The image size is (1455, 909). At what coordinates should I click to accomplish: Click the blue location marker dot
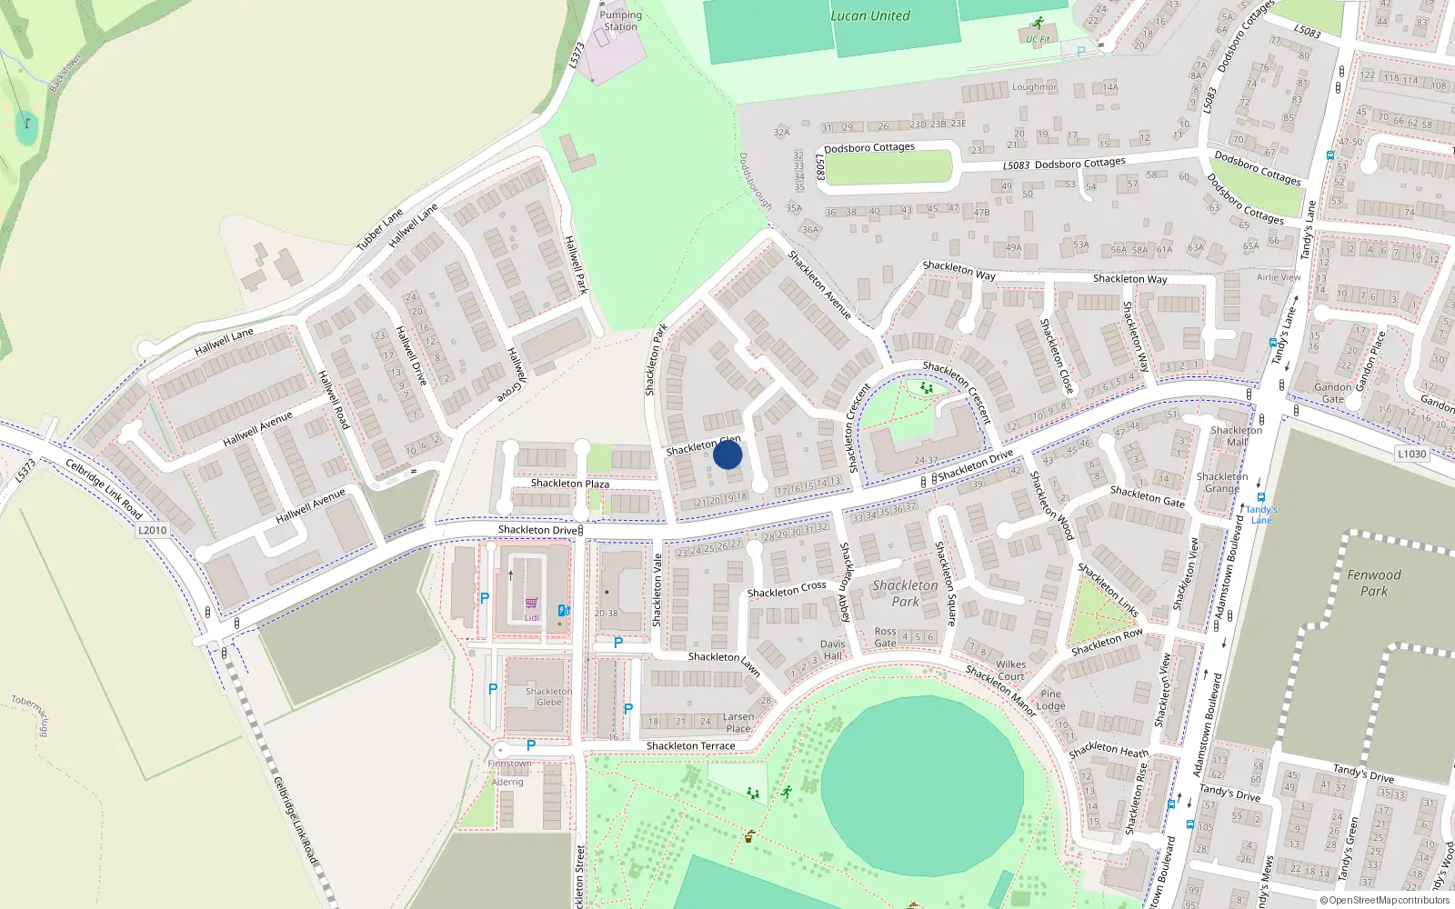tap(727, 454)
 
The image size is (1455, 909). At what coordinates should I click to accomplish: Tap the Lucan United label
tap(869, 15)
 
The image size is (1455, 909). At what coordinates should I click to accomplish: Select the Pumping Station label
tap(620, 21)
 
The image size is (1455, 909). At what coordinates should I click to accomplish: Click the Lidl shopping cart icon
tap(532, 603)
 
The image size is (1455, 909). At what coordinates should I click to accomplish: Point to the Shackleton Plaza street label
tap(569, 484)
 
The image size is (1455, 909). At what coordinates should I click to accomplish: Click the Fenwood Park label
tap(1373, 583)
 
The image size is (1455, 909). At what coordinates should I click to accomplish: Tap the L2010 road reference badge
tap(153, 530)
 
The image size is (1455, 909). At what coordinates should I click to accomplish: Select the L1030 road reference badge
tap(1411, 454)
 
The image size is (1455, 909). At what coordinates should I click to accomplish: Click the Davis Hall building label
tap(832, 649)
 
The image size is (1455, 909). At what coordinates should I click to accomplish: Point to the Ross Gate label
tap(885, 637)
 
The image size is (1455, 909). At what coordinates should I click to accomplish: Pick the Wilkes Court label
tap(1010, 670)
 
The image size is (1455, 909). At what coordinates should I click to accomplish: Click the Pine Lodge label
tap(1050, 700)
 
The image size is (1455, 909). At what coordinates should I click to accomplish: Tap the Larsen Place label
tap(738, 723)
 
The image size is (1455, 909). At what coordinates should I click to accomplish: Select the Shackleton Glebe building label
tap(548, 696)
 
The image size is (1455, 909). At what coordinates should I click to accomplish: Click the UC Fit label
tap(1038, 39)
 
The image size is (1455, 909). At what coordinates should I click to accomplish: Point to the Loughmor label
tap(1034, 87)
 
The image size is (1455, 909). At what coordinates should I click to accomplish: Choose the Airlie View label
tap(1279, 277)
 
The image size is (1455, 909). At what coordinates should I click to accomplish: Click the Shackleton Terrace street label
tap(690, 746)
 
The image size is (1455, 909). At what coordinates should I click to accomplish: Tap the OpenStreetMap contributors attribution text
tap(1385, 901)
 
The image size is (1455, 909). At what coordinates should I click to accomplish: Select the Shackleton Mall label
tap(1236, 436)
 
